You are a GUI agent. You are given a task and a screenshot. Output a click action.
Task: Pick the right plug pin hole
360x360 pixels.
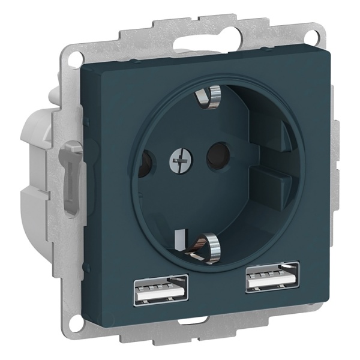pos(215,155)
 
